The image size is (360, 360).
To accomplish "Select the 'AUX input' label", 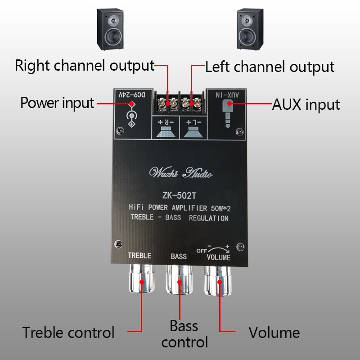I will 306,104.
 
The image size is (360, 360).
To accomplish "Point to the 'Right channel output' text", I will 85,65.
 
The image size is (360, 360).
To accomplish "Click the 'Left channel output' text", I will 270,67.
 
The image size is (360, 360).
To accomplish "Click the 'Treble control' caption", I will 69,333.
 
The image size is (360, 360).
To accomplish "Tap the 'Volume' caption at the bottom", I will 274,333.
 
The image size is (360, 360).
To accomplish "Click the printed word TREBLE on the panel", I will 139,256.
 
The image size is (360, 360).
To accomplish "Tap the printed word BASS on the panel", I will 179,256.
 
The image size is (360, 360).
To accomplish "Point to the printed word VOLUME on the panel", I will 218,257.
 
